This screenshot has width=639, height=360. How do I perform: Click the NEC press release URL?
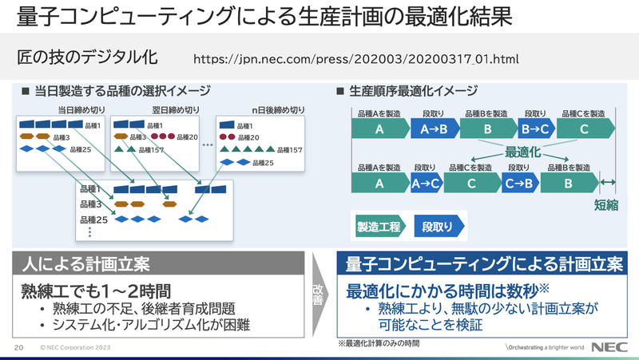click(357, 59)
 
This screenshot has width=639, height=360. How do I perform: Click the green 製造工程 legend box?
click(380, 226)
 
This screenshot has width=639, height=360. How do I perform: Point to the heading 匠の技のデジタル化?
click(87, 58)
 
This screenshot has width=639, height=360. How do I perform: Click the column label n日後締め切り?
click(278, 109)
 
